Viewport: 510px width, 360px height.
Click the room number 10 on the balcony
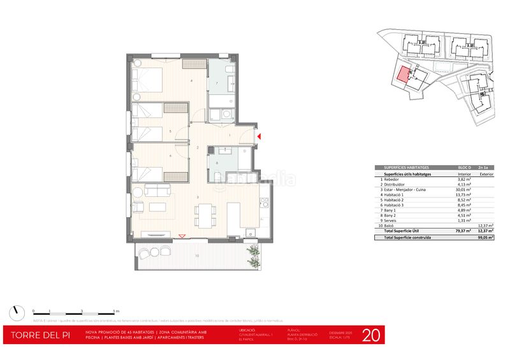coord(197,256)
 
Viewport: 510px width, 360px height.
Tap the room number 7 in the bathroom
coord(217,83)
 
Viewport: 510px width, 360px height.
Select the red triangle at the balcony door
coord(183,237)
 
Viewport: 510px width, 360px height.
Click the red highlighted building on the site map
coord(402,75)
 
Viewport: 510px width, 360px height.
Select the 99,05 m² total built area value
coord(487,236)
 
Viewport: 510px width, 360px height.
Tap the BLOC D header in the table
coord(463,167)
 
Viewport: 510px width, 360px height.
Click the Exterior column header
coord(487,173)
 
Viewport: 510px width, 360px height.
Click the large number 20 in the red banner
coord(372,335)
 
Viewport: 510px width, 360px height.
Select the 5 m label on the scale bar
coord(115,310)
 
